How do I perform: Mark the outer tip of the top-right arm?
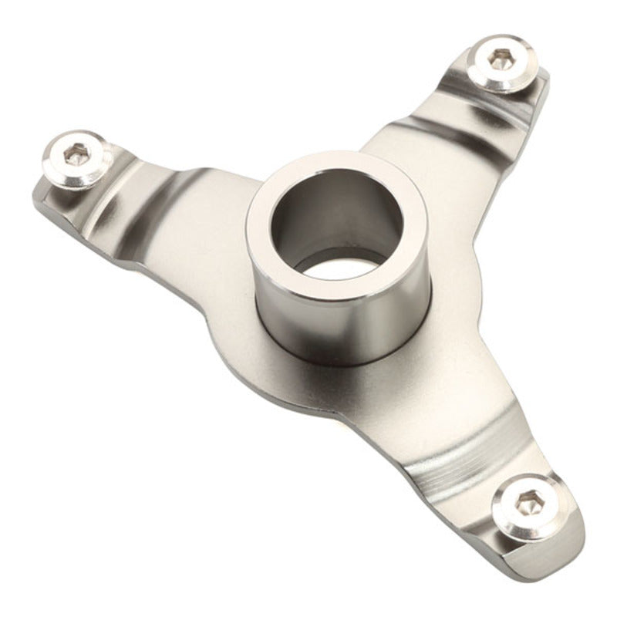[x=544, y=77]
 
